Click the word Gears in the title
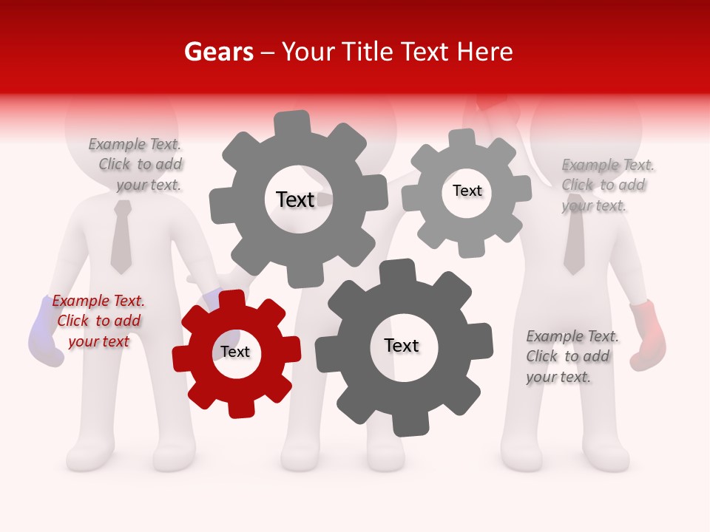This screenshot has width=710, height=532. (x=218, y=52)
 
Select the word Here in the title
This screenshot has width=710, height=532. (x=485, y=52)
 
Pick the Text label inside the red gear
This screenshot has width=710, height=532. (x=235, y=352)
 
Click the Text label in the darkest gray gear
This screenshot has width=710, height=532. (x=402, y=345)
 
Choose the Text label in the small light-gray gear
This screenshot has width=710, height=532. (x=467, y=191)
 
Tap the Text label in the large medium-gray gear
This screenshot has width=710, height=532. (x=295, y=199)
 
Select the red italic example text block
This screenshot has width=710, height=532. (x=98, y=321)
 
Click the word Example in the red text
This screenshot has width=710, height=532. (x=80, y=301)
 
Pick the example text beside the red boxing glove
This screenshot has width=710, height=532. (x=572, y=357)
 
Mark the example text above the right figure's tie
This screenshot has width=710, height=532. (x=606, y=185)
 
